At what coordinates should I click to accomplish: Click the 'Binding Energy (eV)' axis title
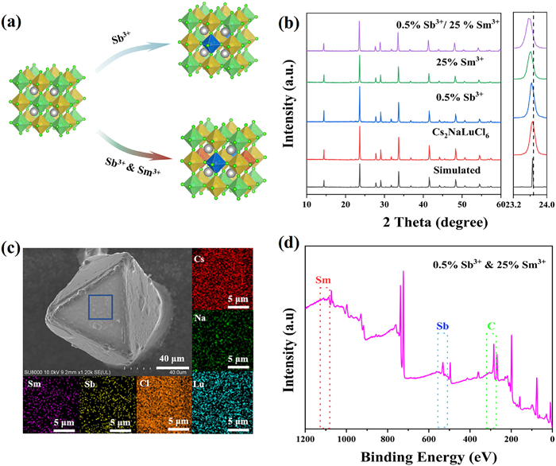pos(428,457)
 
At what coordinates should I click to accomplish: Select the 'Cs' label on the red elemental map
pos(199,237)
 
